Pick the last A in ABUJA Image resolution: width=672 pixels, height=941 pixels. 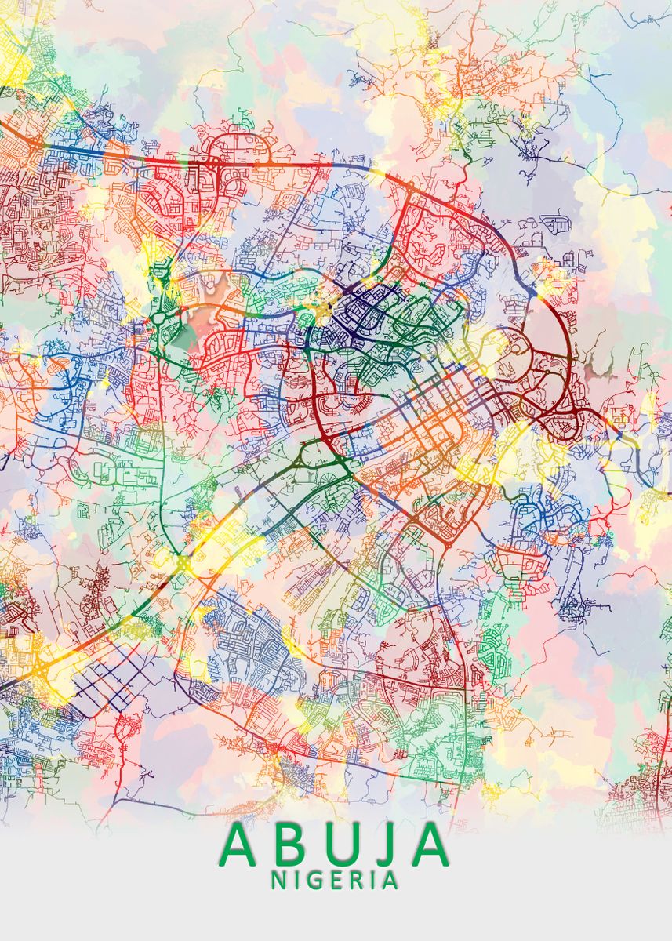tap(427, 845)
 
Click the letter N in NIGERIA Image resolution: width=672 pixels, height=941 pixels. tap(279, 880)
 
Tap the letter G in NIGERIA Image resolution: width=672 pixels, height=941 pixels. tap(312, 880)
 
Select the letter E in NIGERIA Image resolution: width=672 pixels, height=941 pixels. tap(332, 880)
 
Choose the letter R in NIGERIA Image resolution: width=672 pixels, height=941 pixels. tap(352, 880)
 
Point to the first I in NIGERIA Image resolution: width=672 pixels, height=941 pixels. tap(296, 880)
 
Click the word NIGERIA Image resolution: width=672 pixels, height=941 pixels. tap(334, 880)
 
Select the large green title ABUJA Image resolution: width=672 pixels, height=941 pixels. tap(336, 845)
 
